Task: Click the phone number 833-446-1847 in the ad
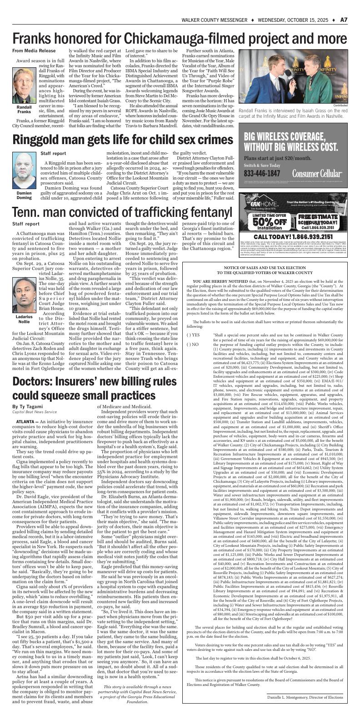tap(262, 174)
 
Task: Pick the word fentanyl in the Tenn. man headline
tap(200, 212)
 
